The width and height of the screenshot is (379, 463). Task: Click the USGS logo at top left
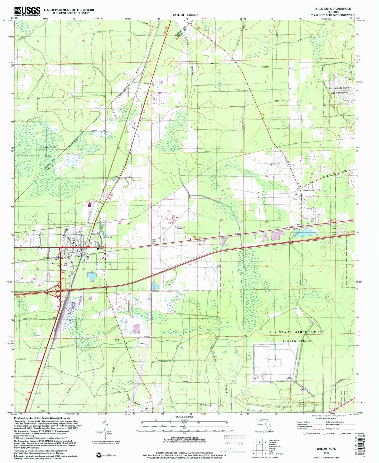[27, 11]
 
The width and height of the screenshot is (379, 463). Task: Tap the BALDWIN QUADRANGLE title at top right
[333, 9]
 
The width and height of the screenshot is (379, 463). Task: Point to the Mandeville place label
[309, 191]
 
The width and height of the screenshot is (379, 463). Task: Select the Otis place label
[297, 225]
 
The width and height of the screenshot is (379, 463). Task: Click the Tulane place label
[146, 83]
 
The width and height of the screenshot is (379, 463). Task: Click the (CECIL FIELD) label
[297, 341]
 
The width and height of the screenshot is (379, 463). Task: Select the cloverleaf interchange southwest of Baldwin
[58, 290]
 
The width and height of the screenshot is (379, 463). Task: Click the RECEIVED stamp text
[235, 437]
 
